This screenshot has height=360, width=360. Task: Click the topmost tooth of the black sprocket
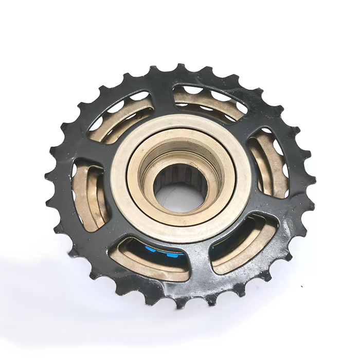pos(181,68)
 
